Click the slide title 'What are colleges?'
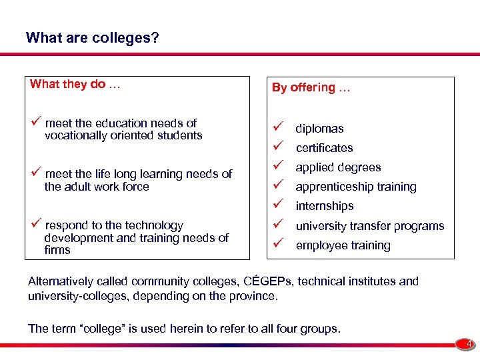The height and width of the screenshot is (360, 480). (x=93, y=37)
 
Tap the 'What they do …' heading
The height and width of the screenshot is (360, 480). (x=76, y=84)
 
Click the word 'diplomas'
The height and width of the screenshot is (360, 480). (x=319, y=129)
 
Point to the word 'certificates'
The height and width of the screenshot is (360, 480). (x=324, y=148)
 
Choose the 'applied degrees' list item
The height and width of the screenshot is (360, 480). (x=338, y=167)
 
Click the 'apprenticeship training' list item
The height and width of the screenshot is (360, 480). (x=356, y=187)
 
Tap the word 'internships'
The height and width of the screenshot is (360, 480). (x=325, y=206)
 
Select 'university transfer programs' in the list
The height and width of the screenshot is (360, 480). (x=369, y=226)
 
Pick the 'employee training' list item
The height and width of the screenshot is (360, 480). (x=343, y=245)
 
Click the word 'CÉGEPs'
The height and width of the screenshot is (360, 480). (x=270, y=281)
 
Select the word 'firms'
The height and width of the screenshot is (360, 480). (x=57, y=250)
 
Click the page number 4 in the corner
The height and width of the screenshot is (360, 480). (x=469, y=345)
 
